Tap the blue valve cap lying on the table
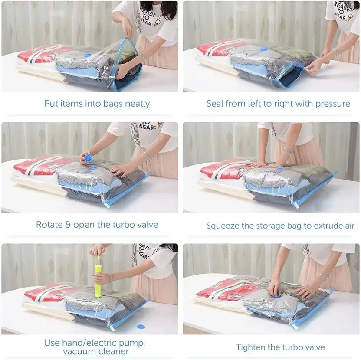(x=141, y=326)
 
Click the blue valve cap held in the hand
(x=89, y=157)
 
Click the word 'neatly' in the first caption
(x=137, y=104)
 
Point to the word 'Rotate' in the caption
(x=49, y=225)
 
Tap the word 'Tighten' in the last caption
(x=251, y=347)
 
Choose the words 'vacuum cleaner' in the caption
(x=95, y=352)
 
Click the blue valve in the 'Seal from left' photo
(x=263, y=49)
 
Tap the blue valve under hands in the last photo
(x=278, y=296)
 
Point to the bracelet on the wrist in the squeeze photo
(x=287, y=150)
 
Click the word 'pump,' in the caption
(x=132, y=343)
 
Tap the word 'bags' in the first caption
(x=113, y=104)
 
